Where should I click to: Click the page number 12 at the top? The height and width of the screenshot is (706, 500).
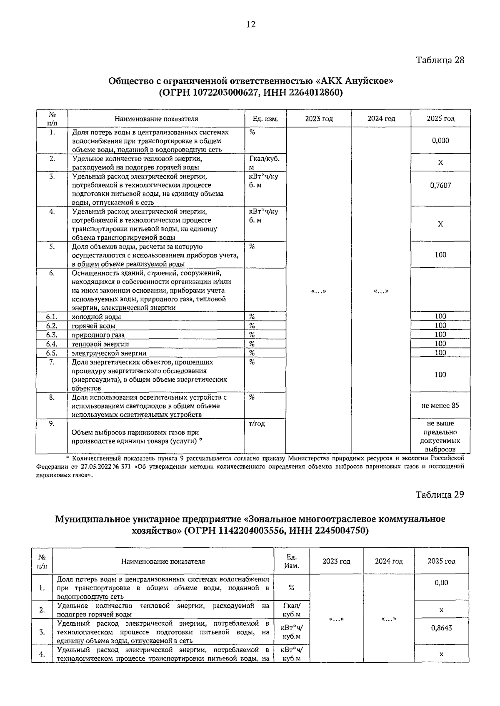click(251, 24)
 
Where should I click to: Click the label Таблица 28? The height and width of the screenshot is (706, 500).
click(440, 60)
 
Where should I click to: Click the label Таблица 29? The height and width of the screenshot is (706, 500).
click(440, 495)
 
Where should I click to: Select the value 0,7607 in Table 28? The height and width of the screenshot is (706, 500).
click(440, 185)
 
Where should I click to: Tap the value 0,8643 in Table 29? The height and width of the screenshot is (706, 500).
click(441, 628)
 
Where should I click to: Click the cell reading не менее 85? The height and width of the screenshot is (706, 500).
click(440, 405)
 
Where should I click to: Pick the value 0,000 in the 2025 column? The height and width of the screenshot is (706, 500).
click(440, 140)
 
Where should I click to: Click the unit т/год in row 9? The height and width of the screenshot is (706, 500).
click(257, 424)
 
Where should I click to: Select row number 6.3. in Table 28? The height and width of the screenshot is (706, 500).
click(52, 335)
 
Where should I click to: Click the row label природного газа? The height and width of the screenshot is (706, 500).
click(98, 335)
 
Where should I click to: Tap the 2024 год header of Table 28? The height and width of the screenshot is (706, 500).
click(381, 119)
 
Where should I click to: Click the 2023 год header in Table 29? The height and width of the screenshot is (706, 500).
click(336, 561)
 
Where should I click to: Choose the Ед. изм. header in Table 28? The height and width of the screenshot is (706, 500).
click(265, 119)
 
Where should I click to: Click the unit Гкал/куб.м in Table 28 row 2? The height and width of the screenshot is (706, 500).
click(264, 162)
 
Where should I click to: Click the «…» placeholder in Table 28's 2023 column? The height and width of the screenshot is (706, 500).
click(318, 291)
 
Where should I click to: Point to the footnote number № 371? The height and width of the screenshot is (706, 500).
click(123, 467)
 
